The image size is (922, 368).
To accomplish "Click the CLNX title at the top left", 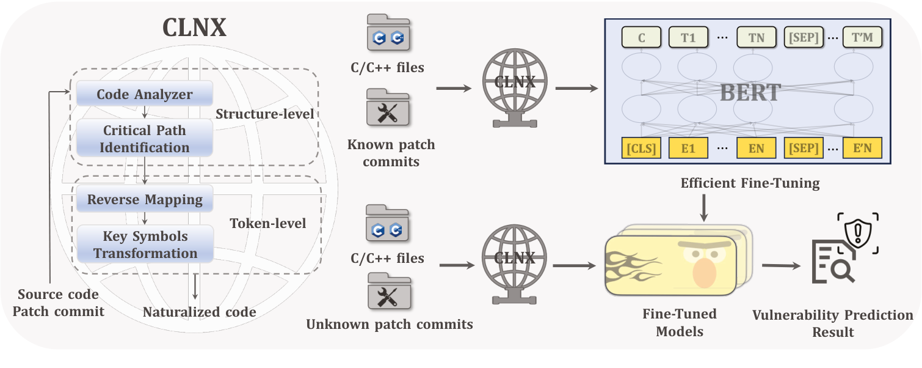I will pos(194,28).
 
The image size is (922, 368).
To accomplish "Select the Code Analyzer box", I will pos(144,95).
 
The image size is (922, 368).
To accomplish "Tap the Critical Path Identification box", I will pos(145,139).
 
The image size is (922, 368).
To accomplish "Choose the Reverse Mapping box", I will pos(144,200).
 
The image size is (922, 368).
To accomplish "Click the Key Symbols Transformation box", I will pos(145,245).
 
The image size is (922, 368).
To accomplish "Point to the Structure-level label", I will pos(265,114).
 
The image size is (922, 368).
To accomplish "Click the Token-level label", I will pos(267,224).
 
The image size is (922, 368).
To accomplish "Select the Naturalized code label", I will pos(199,312).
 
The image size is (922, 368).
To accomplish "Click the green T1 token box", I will pos(688,38).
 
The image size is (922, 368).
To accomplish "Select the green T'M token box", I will pos(862,38).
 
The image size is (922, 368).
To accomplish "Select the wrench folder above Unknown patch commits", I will pos(387,292).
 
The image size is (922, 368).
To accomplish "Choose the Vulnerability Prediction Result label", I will pos(832,323).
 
